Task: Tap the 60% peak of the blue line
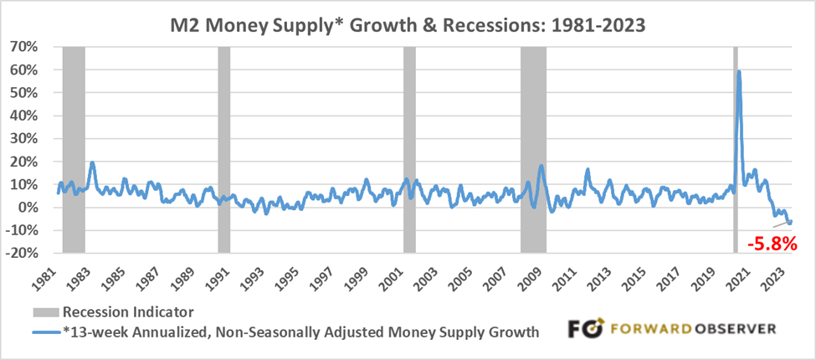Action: click(738, 72)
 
